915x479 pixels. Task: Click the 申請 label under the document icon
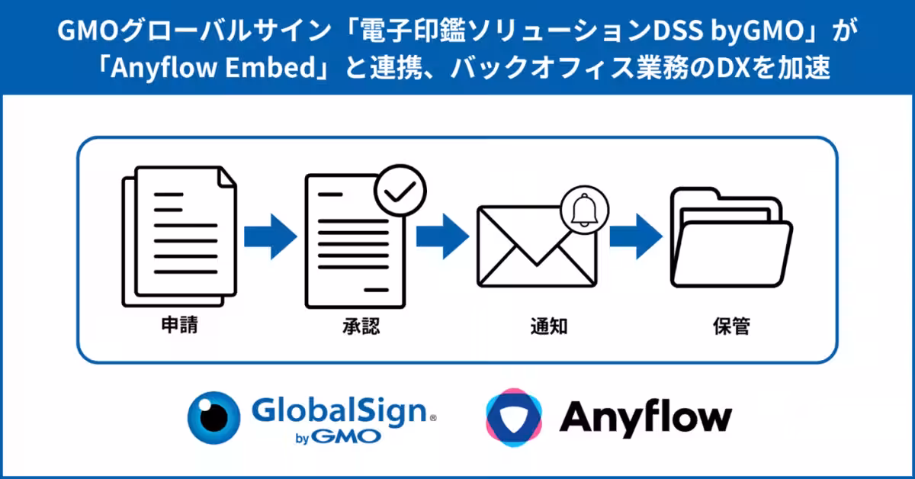[x=180, y=326]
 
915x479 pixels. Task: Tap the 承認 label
[x=361, y=326]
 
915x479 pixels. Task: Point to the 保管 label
[x=731, y=326]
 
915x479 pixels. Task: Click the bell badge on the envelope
[x=585, y=209]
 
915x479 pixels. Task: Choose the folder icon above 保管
[x=730, y=229]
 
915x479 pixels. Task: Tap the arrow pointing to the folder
[x=634, y=234]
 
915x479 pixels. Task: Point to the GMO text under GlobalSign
[x=352, y=438]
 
